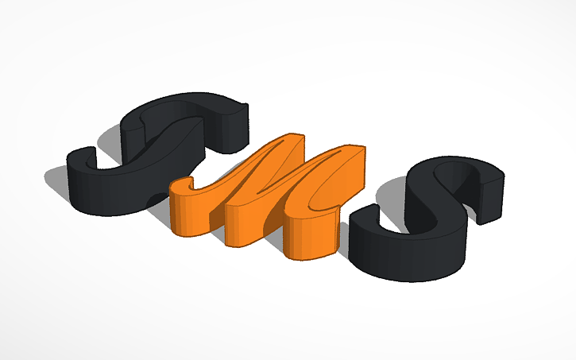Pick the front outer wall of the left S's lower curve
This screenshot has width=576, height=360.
click(111, 199)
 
